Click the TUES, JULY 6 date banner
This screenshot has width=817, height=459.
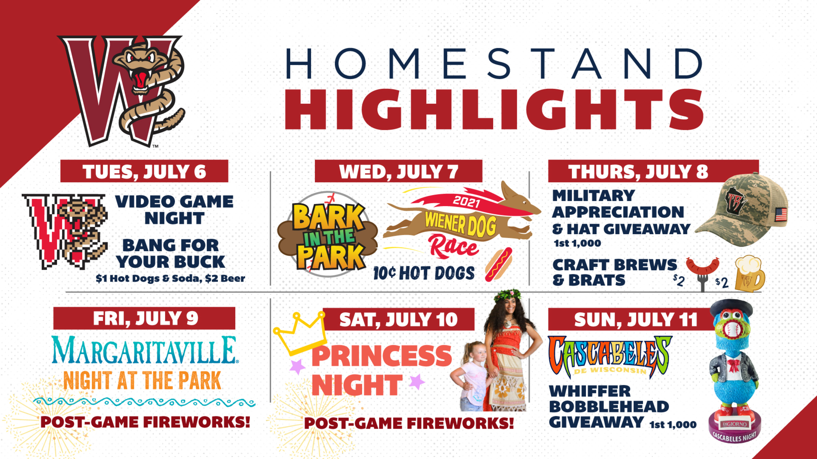click(x=144, y=171)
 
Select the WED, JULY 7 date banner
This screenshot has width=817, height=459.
click(x=399, y=171)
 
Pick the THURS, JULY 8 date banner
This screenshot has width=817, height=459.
click(x=638, y=171)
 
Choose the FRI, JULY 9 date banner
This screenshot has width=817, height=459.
click(x=144, y=318)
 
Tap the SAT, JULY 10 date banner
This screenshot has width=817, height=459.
click(x=399, y=319)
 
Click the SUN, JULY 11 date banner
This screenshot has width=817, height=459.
click(x=635, y=319)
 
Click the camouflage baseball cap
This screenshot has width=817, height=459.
click(x=742, y=210)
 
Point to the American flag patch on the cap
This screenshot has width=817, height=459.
click(x=781, y=215)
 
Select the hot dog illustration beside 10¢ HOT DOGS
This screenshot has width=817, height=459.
click(x=499, y=265)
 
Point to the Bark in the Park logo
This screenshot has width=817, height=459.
click(x=327, y=235)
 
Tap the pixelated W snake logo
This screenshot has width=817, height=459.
click(x=65, y=231)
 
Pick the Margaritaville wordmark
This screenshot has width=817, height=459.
click(x=144, y=350)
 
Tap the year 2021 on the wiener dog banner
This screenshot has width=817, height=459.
click(x=466, y=202)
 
